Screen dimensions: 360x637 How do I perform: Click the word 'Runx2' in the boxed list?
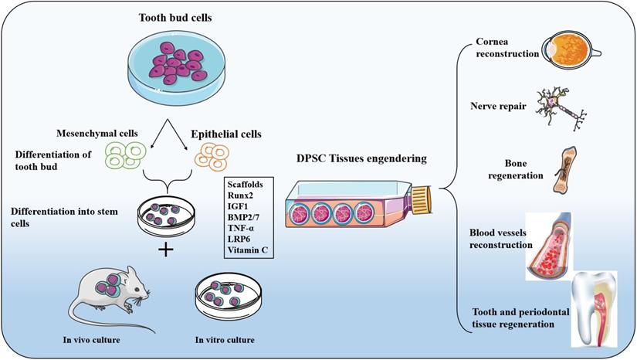click(241, 196)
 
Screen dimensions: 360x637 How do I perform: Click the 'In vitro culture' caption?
click(225, 339)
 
